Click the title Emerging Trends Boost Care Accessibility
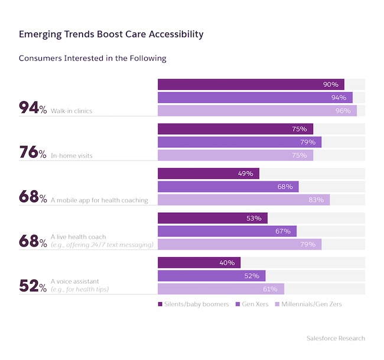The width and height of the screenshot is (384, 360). coord(111,34)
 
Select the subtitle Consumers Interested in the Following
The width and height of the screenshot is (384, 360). coord(93,58)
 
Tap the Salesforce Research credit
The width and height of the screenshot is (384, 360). coord(336,338)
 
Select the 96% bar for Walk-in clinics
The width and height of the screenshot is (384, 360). coord(257,111)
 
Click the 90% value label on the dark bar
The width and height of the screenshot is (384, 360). coord(330,85)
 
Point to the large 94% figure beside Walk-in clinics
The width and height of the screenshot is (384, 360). coord(32,108)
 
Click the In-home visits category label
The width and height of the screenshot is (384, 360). coord(71,155)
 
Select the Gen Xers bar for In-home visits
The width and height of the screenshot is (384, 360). coord(239,142)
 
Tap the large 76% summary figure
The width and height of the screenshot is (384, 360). coord(32,153)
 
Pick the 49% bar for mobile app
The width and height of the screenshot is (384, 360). coord(208,174)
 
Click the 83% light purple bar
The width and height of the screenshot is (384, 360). coord(243,200)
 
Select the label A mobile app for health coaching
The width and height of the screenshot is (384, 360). coord(99,200)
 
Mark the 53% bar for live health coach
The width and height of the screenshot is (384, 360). coord(212,218)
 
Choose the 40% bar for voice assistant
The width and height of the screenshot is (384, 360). coord(199,262)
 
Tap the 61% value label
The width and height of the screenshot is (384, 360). coord(270,289)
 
